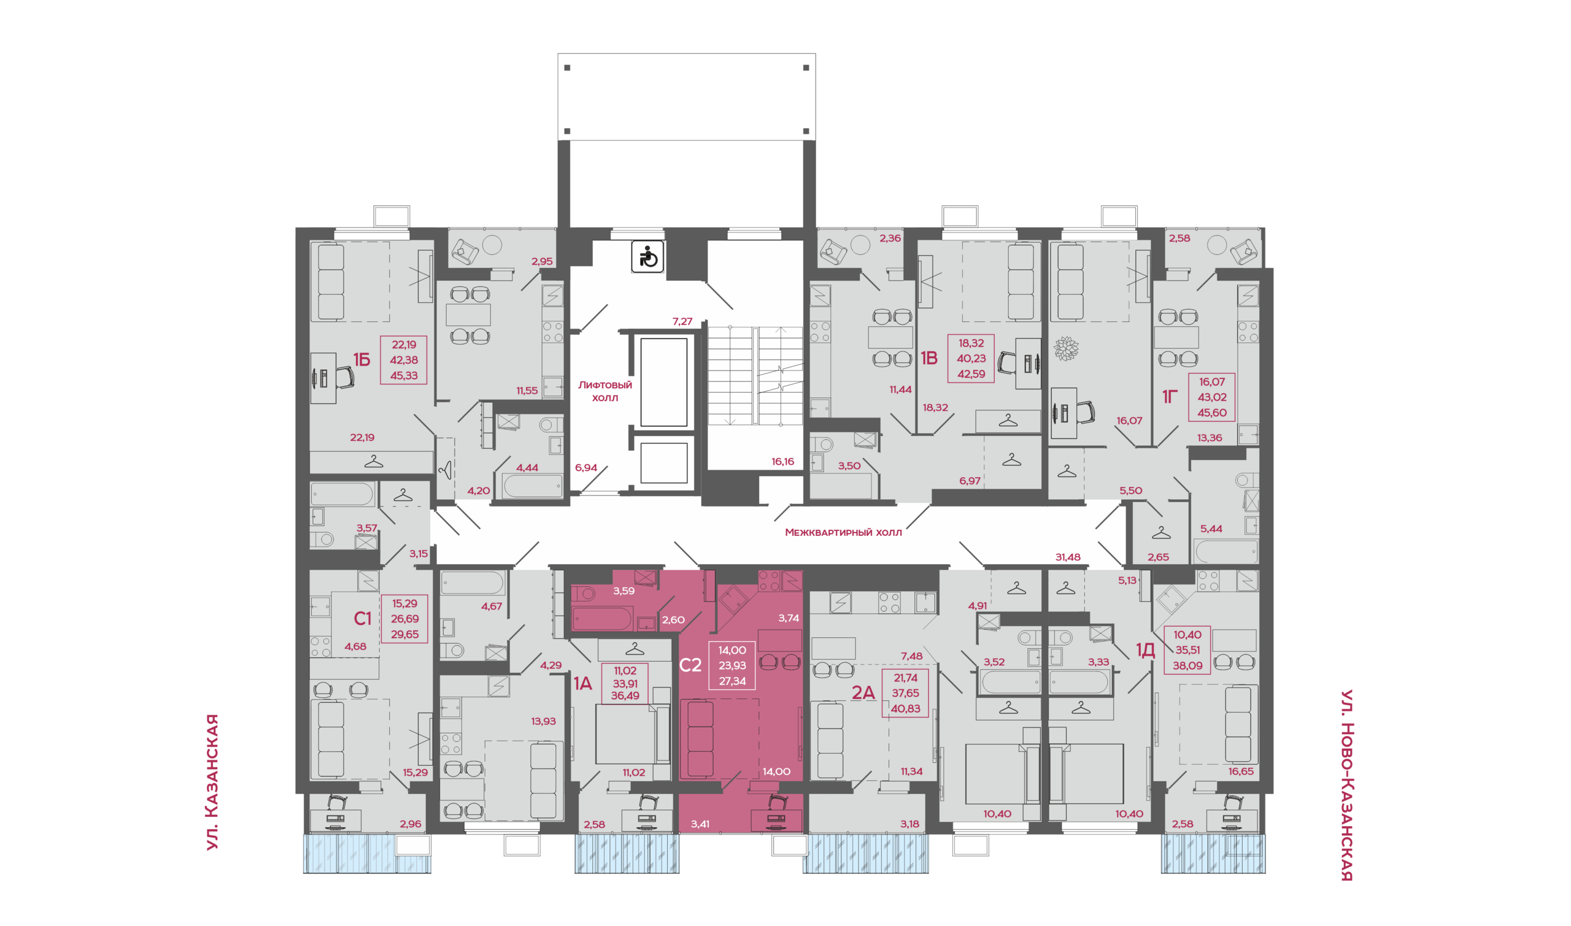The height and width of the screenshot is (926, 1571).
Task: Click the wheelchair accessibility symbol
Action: pos(647,257)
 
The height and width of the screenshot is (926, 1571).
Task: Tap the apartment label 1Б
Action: pos(361,359)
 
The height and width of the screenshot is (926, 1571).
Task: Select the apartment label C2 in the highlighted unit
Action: pos(690,665)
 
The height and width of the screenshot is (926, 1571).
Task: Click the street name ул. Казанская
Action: pos(212,782)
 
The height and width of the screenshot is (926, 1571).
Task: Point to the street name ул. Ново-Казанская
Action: pos(1347,785)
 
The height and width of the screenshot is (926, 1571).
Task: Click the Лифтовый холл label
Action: pos(604,391)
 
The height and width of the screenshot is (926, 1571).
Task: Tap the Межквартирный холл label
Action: pos(843,532)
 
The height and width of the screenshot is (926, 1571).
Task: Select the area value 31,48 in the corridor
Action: pos(1068,557)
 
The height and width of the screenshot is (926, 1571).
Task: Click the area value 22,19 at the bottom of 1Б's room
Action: pos(362,437)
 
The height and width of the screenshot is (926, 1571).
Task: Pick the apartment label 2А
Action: pos(863,692)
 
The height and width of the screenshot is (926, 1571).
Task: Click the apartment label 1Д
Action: pos(1145,651)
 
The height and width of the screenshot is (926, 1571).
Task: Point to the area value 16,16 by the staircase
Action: pos(782,462)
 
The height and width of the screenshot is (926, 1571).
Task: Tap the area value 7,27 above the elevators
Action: pos(682,321)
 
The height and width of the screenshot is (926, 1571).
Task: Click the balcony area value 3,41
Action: pos(700,824)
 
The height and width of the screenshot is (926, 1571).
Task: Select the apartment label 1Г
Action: pos(1170,396)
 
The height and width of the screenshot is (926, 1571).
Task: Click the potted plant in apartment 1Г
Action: pos(1067,349)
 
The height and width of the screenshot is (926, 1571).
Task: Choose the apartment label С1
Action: pos(362,618)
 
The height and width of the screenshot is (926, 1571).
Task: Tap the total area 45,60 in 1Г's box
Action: pos(1212,413)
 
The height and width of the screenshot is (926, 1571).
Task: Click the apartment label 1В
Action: pos(929,358)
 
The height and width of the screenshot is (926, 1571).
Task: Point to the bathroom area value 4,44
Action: pos(527,467)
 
